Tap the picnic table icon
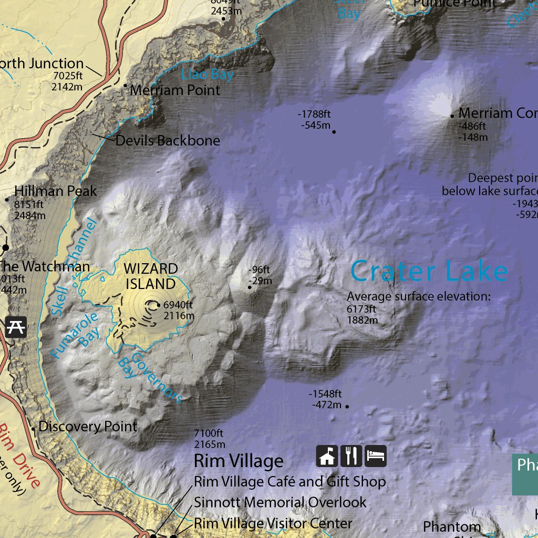[15, 327]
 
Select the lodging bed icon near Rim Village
[375, 456]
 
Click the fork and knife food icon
[351, 456]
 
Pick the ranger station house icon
[327, 456]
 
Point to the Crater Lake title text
[429, 272]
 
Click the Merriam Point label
[175, 90]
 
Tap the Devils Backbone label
[168, 141]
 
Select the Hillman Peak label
[56, 191]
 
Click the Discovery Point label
[88, 426]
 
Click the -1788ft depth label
[314, 114]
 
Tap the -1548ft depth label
[325, 394]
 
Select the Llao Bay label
[207, 75]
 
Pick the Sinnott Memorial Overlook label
[280, 502]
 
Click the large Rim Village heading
[239, 461]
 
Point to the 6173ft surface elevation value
[361, 309]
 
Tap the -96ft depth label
[260, 271]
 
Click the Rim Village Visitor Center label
[273, 523]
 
